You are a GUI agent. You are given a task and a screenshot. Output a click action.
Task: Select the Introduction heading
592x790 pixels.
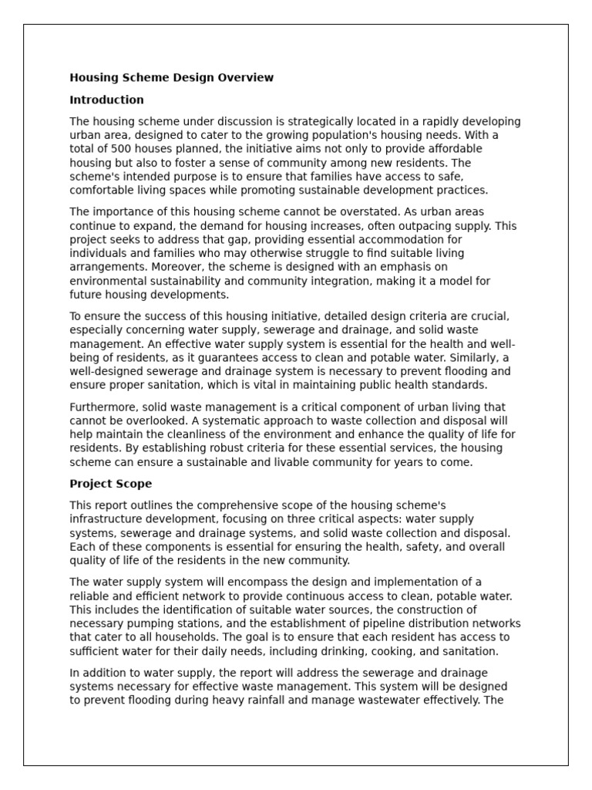coord(106,100)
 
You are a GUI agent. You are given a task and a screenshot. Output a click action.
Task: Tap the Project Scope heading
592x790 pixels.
coord(110,484)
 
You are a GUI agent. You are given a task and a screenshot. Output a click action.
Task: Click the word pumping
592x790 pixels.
coord(143,623)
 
